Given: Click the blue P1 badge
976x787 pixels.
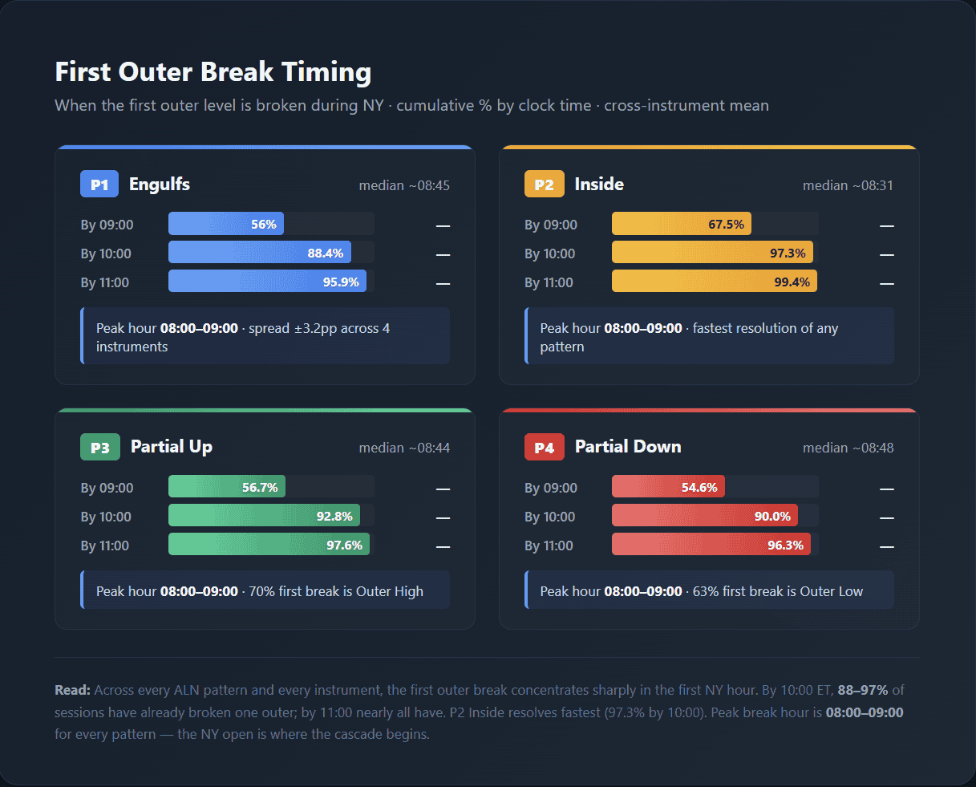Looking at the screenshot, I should pos(99,185).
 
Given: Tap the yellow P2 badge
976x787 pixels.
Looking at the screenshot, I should pos(544,185).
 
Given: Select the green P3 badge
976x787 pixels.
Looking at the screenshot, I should pos(99,448).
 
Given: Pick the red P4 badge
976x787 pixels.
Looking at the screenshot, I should pos(544,448).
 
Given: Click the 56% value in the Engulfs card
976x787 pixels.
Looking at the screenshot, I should pos(263,225).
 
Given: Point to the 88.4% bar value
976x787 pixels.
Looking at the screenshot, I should pos(325,254).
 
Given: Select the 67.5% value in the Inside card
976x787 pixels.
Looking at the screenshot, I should pos(726,225).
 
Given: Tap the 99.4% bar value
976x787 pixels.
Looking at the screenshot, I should pos(792,282).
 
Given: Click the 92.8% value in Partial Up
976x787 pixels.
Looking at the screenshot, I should pos(334,517).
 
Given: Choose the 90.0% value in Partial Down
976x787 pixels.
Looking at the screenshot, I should pos(772,517).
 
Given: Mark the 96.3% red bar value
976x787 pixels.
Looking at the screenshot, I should pos(785,546).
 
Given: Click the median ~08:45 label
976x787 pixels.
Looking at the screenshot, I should pos(404,185).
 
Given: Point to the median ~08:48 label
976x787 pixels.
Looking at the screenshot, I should pos(848,448).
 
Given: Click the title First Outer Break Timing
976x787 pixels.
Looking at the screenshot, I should pos(213,72).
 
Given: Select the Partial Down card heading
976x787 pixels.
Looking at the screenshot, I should pos(628,447).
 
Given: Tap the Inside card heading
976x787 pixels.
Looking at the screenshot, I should pos(599,185).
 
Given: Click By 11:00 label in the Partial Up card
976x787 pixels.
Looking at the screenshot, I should pos(105,546).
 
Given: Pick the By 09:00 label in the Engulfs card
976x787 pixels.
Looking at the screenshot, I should pos(107,225).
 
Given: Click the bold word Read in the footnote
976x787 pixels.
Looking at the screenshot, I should pos(72,690).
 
